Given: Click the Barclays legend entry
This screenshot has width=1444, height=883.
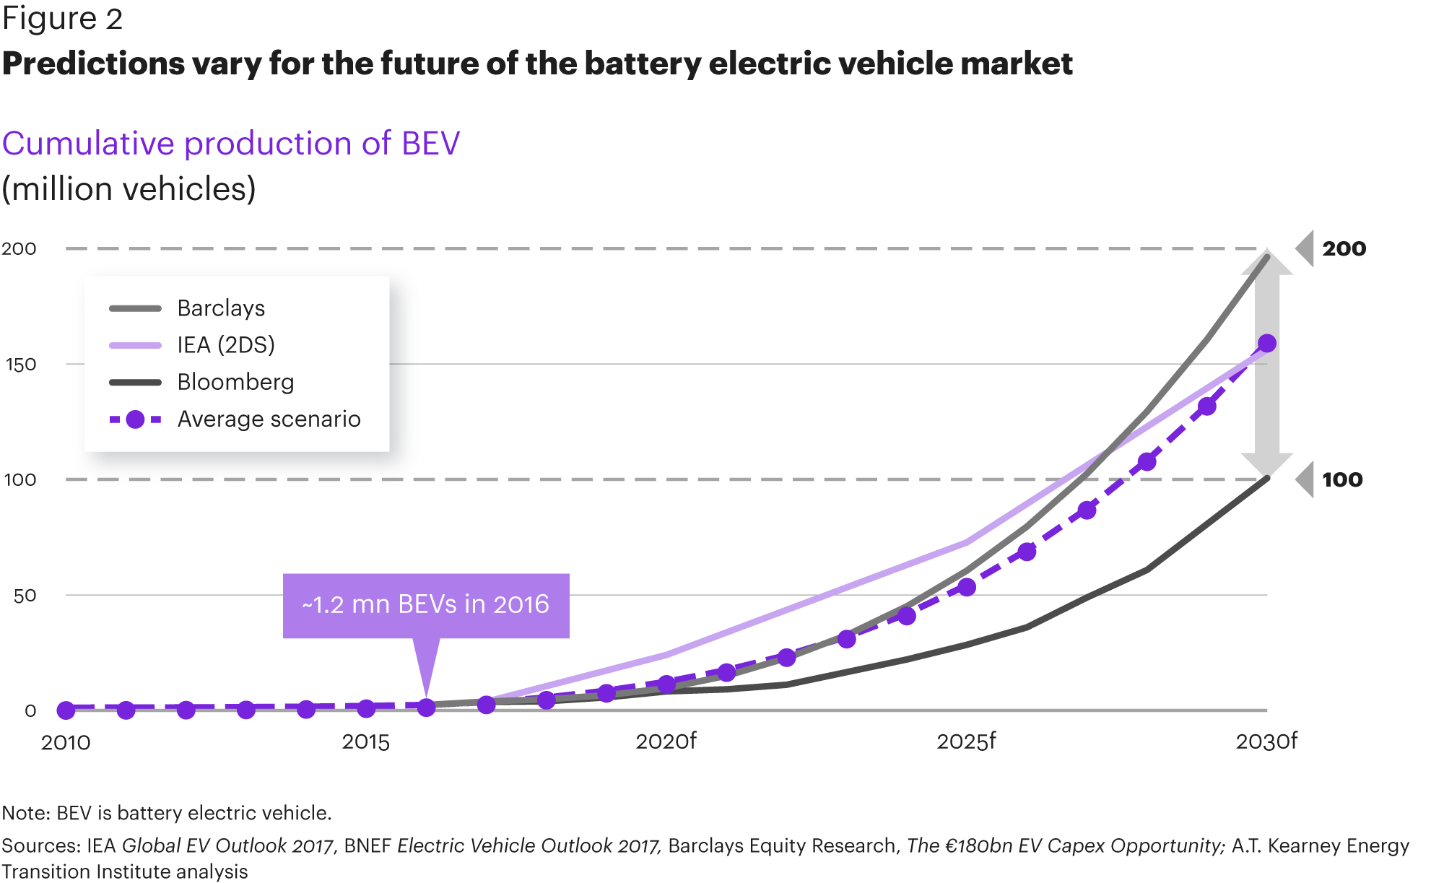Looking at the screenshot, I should tap(220, 308).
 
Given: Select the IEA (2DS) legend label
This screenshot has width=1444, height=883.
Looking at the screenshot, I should tap(225, 345).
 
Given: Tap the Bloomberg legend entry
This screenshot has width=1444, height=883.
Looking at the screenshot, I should tap(235, 382).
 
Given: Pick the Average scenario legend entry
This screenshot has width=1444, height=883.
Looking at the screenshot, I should tap(269, 419).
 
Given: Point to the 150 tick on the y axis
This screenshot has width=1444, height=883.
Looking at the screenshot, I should tap(20, 365).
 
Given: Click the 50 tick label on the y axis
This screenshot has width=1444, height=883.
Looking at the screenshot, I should tap(25, 596).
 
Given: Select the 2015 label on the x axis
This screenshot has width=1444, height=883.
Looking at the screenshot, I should tap(365, 742).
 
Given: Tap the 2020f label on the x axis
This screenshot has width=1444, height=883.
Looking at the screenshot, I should tap(666, 741).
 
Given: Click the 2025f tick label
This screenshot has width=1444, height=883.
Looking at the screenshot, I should tap(966, 741).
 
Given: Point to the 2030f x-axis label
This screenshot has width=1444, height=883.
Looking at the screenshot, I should tap(1266, 741).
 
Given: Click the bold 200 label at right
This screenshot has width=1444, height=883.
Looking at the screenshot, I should tap(1344, 249).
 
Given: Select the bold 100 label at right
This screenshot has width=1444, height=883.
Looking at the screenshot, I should tap(1342, 480).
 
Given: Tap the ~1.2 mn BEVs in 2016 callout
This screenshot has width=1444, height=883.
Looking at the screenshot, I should tap(426, 605).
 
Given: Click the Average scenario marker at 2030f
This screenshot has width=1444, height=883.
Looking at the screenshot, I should tap(1266, 344).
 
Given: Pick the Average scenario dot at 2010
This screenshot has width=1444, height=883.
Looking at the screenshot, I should tap(66, 710).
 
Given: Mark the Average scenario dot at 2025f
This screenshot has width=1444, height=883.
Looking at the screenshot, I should tap(966, 587).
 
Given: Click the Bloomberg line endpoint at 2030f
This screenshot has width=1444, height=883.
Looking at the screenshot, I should tap(1267, 478).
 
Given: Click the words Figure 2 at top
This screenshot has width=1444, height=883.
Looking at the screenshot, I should tap(63, 19).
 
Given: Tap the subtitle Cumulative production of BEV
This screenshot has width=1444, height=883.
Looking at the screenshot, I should tap(231, 144).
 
